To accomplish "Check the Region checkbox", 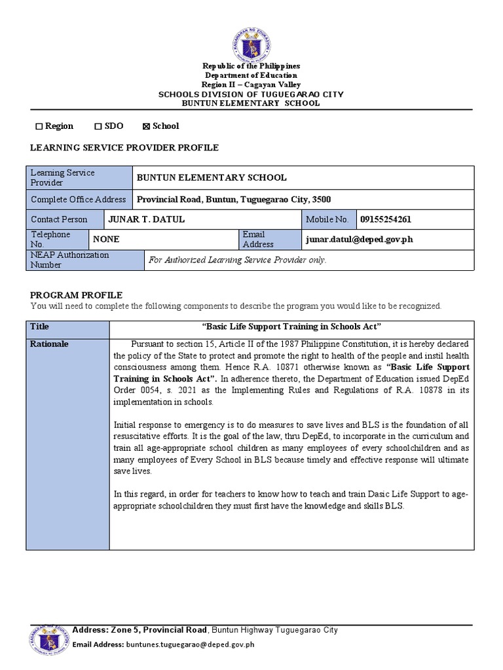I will (39, 126).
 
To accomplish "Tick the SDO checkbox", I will (98, 126).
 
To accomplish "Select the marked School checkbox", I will (146, 126).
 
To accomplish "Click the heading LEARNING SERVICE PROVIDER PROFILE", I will (124, 148).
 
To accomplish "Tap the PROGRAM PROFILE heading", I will (77, 295).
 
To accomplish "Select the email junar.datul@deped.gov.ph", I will (359, 239).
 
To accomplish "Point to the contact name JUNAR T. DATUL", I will (149, 219).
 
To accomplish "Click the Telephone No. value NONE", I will (106, 239).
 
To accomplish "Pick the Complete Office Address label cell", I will (79, 200).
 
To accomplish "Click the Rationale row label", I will (49, 344).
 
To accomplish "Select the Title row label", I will (40, 326).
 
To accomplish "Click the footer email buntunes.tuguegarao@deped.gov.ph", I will (189, 644).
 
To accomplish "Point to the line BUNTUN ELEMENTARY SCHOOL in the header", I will (251, 103).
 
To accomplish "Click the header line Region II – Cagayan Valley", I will (251, 84).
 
